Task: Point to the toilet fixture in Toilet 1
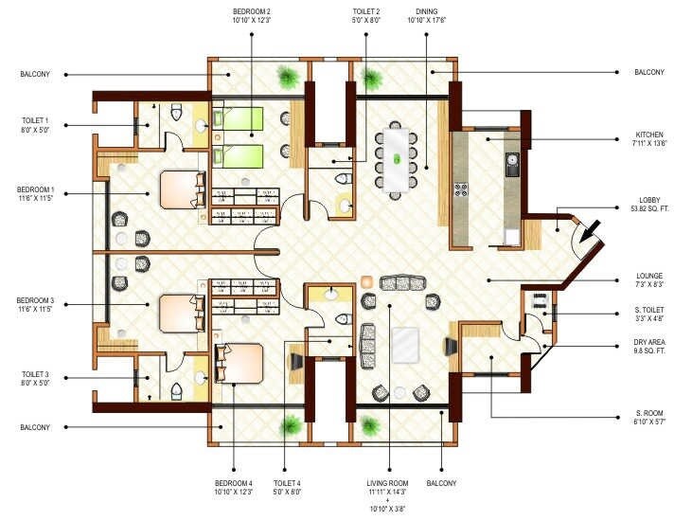point(174,114)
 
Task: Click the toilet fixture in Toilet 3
point(174,388)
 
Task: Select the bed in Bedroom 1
point(181,189)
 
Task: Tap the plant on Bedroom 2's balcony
point(285,76)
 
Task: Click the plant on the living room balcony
point(368,423)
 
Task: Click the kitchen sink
point(512,165)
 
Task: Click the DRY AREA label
point(648,345)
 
